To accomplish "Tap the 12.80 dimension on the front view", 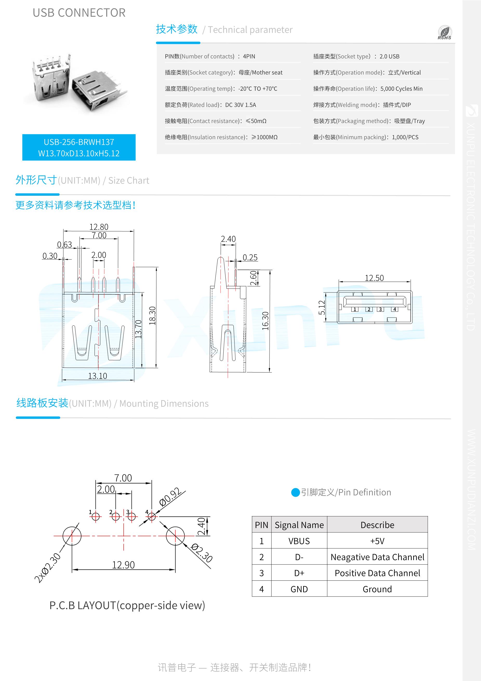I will (99, 227).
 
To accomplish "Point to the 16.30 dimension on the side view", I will (265, 321).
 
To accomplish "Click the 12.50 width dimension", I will (374, 278).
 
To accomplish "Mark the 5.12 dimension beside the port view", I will (322, 307).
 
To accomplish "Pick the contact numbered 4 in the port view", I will (395, 309).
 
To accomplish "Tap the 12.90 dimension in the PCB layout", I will (123, 565).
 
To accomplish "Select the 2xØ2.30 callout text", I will (48, 568).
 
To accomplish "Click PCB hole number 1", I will (95, 517).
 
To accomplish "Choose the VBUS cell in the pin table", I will (299, 541).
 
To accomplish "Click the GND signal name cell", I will (299, 589).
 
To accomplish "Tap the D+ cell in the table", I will (299, 573).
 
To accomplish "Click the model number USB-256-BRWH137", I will (79, 142).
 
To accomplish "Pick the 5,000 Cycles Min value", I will (401, 89).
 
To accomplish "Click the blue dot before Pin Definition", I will (296, 492).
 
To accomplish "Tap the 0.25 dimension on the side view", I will (250, 257).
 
